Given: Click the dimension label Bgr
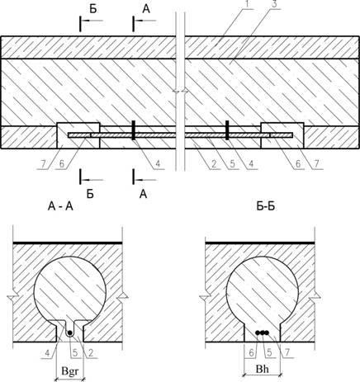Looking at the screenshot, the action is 70,371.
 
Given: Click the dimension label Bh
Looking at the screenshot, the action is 262,369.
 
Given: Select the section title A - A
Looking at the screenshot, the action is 60,205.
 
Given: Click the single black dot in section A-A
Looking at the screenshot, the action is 70,333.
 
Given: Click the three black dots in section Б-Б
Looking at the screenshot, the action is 262,332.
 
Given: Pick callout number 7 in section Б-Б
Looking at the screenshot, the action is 287,353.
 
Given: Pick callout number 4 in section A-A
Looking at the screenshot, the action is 47,353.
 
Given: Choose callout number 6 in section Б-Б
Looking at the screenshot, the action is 251,353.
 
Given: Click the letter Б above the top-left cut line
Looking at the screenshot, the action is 93,9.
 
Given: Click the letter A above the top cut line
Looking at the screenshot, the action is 146,9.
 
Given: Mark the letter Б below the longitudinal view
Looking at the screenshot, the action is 90,194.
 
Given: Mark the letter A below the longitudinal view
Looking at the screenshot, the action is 143,194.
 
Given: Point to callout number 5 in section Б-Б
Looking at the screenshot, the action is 269,353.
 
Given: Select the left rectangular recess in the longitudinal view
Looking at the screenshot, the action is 78,135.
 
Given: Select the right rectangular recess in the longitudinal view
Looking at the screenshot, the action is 282,135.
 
